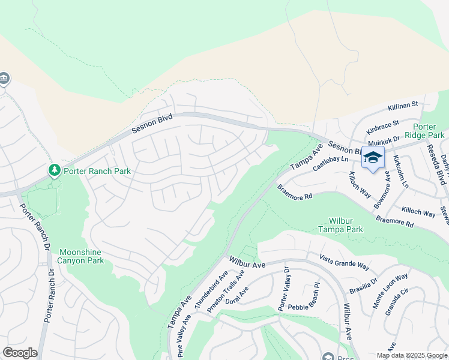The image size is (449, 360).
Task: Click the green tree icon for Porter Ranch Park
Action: coord(55,171)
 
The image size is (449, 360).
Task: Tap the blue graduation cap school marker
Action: coord(373,157)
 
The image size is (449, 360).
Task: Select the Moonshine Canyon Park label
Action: coord(81,257)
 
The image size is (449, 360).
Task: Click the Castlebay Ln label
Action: coord(331,161)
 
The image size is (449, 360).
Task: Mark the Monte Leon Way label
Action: coord(390,291)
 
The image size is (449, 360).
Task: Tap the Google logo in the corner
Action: coord(20,353)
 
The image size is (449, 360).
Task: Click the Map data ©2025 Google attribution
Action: coord(411,355)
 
